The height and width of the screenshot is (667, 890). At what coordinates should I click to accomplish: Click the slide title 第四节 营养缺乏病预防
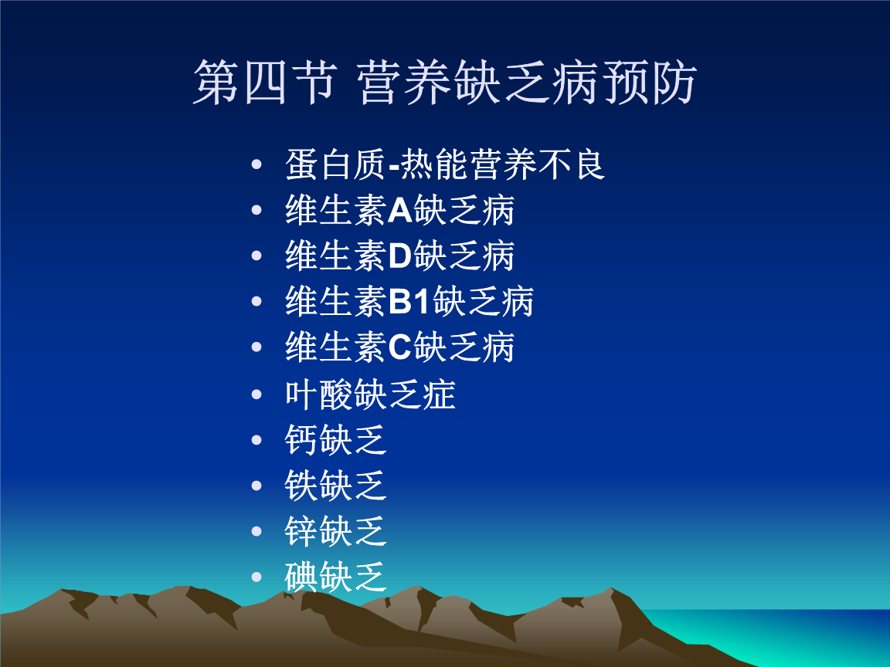point(445,83)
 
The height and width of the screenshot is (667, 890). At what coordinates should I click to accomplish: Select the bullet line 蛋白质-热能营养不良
point(445,164)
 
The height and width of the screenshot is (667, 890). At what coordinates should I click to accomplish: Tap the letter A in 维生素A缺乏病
point(399,211)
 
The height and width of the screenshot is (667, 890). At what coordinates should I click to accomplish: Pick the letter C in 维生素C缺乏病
point(399,348)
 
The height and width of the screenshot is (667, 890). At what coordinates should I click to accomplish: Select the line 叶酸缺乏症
point(370,394)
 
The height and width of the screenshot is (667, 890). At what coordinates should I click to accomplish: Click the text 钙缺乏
point(335,440)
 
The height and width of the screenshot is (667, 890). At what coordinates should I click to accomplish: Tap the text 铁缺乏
point(335,486)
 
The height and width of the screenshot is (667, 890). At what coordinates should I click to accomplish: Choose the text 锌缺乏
point(335,532)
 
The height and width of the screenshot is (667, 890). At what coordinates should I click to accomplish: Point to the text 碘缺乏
point(335,577)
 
